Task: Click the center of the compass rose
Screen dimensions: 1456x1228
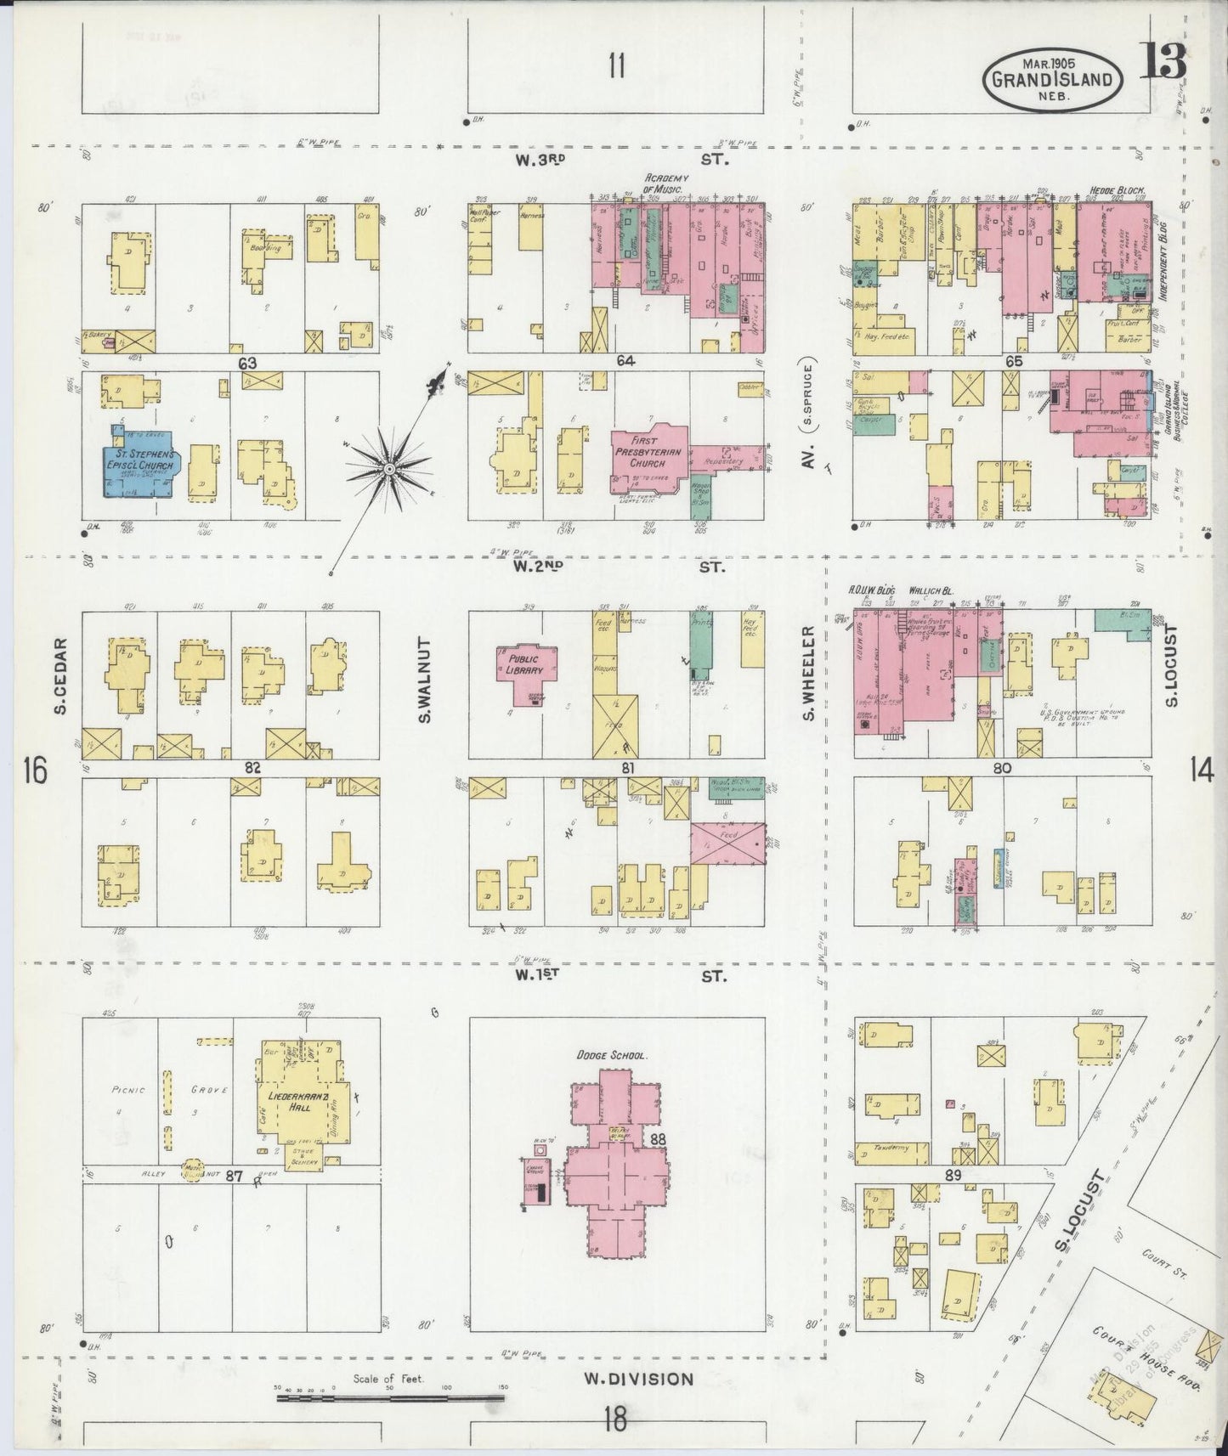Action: tap(388, 469)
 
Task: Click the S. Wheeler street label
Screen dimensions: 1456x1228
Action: tap(809, 673)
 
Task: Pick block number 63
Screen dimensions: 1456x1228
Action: tap(247, 363)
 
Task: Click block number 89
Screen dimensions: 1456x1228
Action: tap(953, 1175)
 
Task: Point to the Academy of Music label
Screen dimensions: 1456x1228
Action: tap(666, 183)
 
